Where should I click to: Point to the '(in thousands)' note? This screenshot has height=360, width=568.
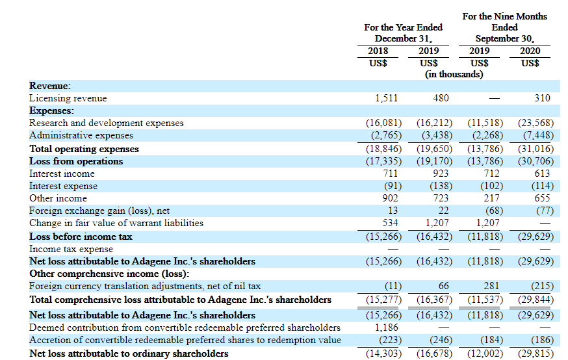pyautogui.click(x=454, y=74)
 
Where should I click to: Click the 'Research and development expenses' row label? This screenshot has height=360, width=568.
pyautogui.click(x=107, y=123)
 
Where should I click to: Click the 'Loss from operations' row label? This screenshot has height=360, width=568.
pyautogui.click(x=76, y=161)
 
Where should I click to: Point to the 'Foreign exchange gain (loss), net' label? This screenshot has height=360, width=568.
pyautogui.click(x=99, y=211)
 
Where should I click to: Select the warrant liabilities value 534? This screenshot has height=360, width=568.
pyautogui.click(x=390, y=223)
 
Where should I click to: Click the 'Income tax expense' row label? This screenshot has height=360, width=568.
pyautogui.click(x=71, y=249)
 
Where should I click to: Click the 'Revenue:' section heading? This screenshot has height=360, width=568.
pyautogui.click(x=50, y=86)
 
